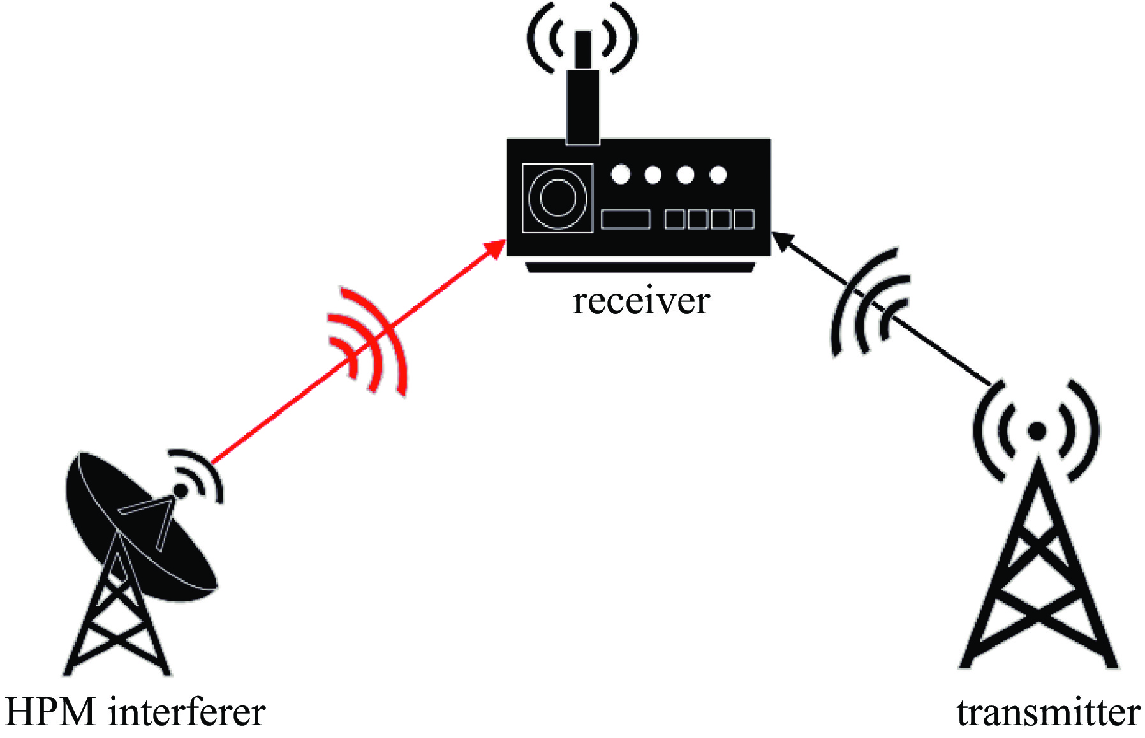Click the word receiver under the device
click(640, 301)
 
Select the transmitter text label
click(1048, 712)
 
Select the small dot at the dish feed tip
click(181, 491)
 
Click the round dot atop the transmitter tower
click(1037, 432)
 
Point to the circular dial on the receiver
click(558, 197)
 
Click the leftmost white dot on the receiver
click(621, 174)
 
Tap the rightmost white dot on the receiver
click(718, 174)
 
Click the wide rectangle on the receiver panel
click(626, 219)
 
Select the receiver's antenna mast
click(582, 89)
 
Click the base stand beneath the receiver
click(640, 267)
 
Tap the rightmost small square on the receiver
click(744, 219)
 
